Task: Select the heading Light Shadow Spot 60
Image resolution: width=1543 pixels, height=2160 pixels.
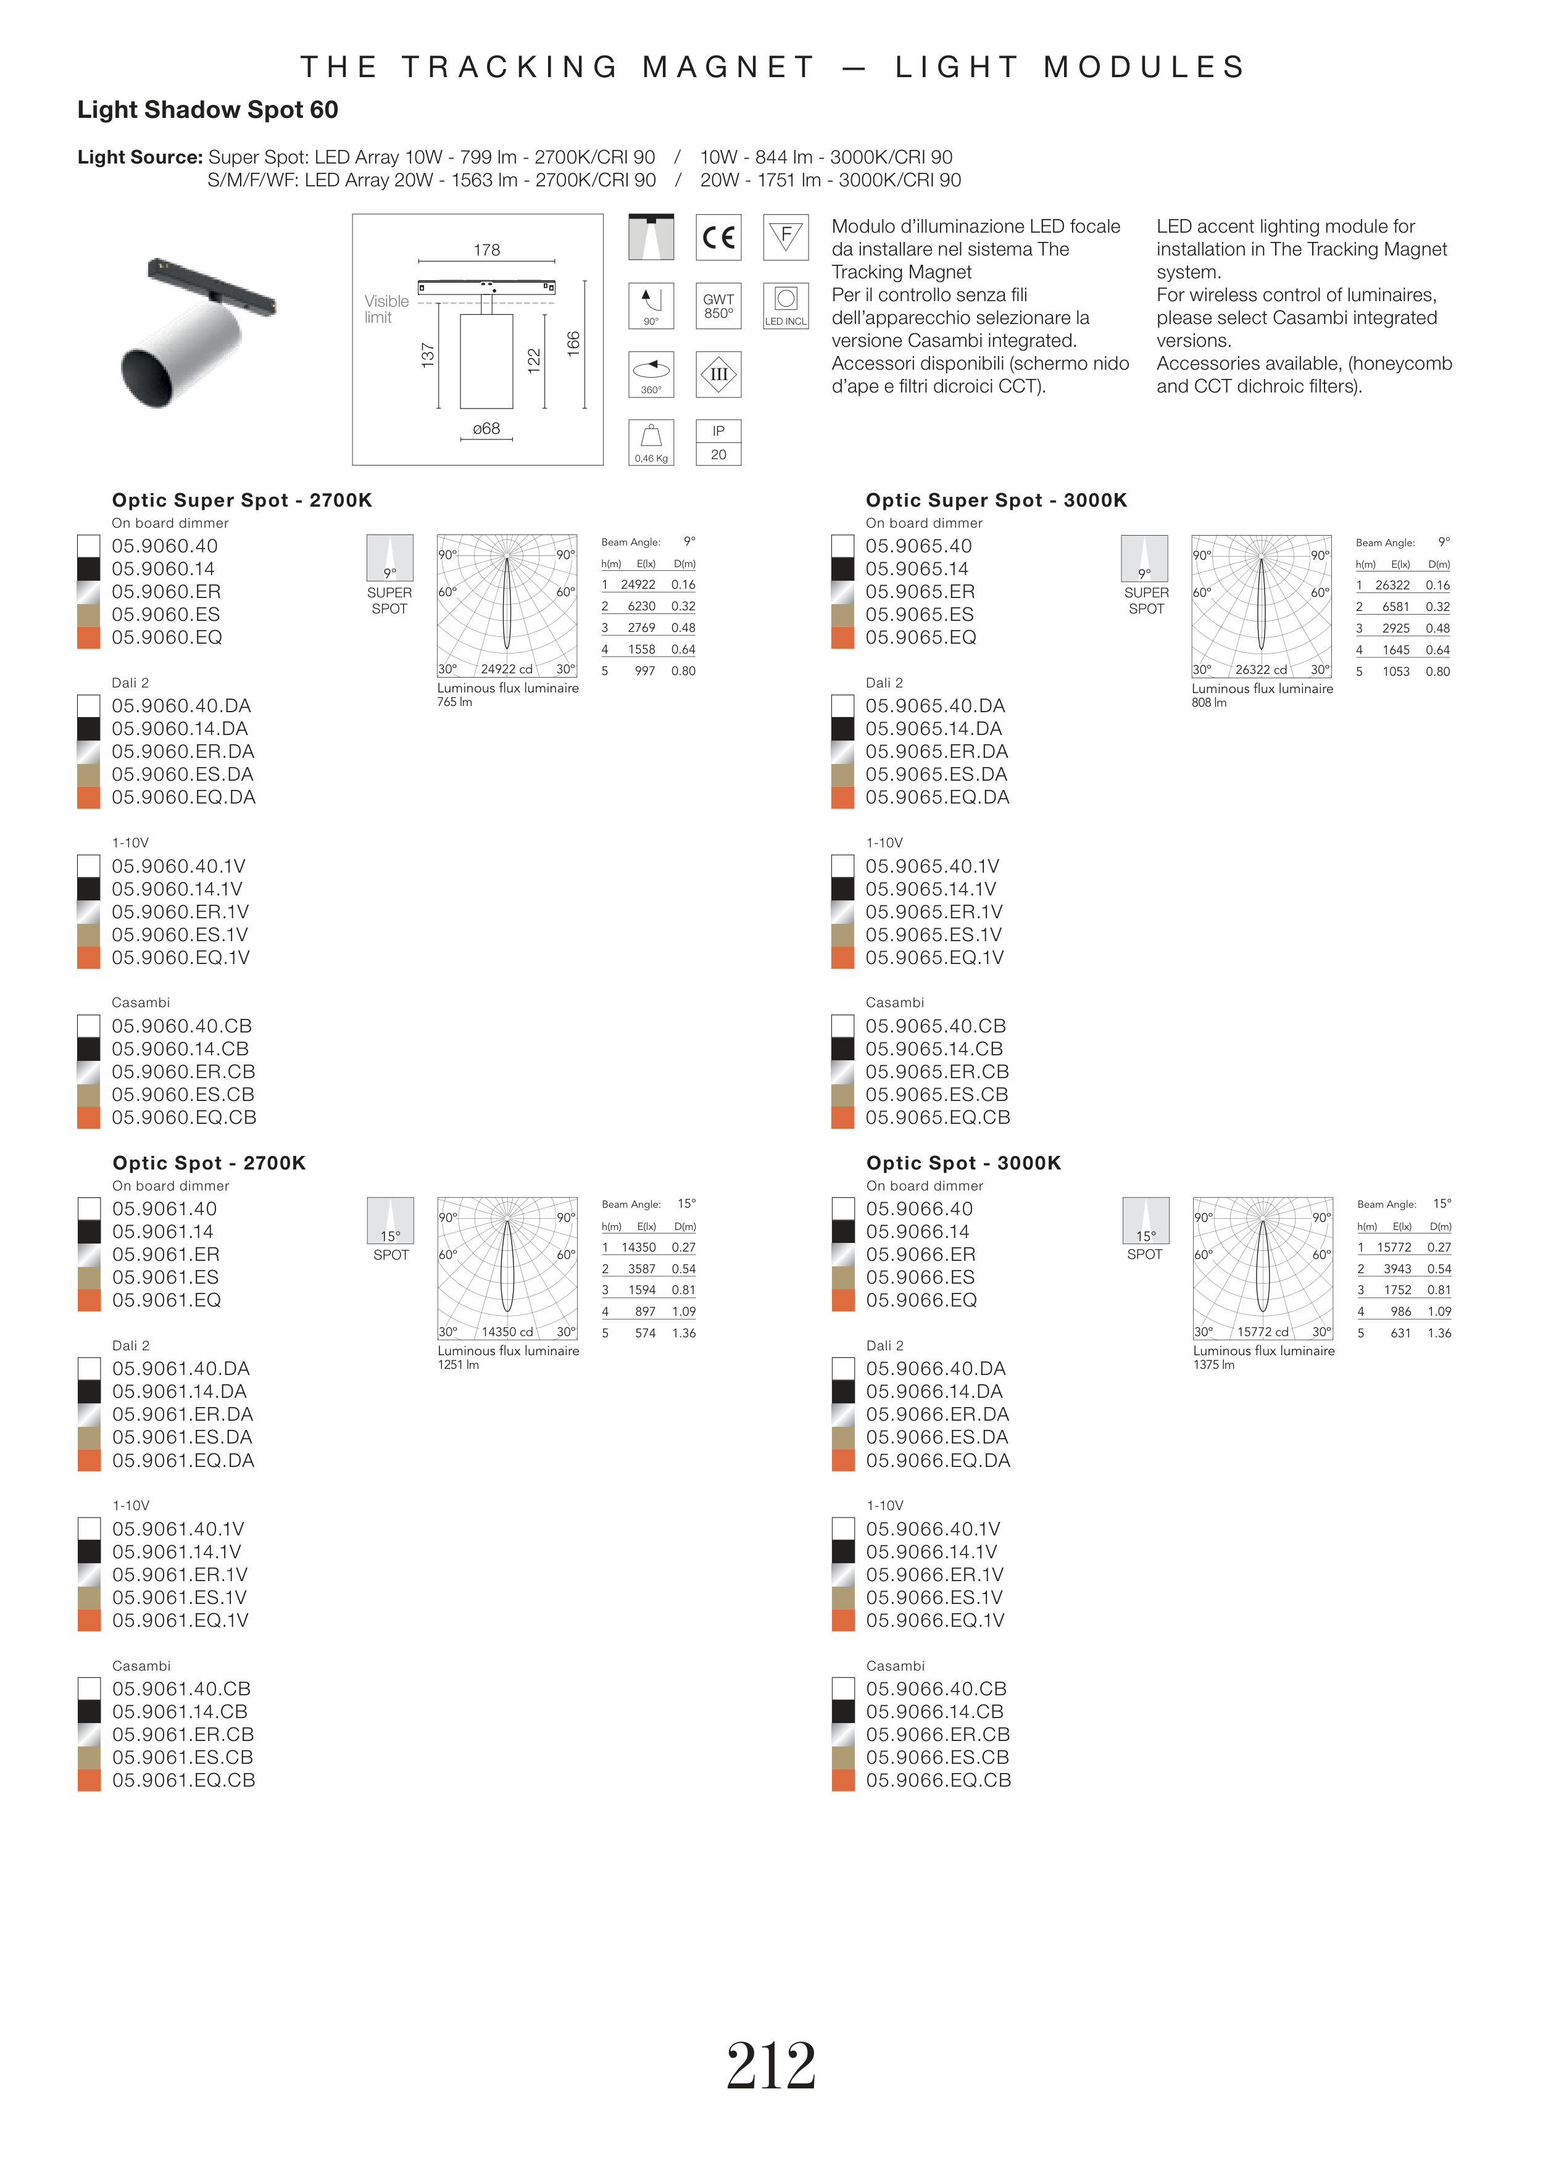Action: point(207,110)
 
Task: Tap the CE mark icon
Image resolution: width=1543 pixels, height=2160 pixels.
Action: point(718,238)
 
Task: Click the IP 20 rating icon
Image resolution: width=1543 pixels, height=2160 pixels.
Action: point(718,442)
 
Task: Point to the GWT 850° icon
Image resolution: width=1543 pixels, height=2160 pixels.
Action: point(718,306)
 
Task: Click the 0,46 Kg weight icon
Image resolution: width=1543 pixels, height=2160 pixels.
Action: point(651,442)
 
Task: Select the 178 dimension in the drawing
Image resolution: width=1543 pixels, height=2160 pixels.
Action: point(486,250)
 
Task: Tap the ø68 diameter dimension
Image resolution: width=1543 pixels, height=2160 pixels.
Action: point(486,430)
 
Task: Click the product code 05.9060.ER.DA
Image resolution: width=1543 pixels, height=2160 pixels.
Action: point(183,751)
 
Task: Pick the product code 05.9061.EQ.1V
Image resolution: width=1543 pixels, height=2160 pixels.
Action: point(180,1621)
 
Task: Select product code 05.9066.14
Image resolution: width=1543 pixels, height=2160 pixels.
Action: point(920,1232)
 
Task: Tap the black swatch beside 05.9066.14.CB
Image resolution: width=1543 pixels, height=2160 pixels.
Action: point(842,1712)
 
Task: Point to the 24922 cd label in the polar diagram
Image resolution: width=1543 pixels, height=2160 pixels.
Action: point(507,669)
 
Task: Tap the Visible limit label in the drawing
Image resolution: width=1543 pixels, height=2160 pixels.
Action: point(386,309)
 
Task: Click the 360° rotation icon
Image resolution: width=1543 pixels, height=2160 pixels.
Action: point(651,374)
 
